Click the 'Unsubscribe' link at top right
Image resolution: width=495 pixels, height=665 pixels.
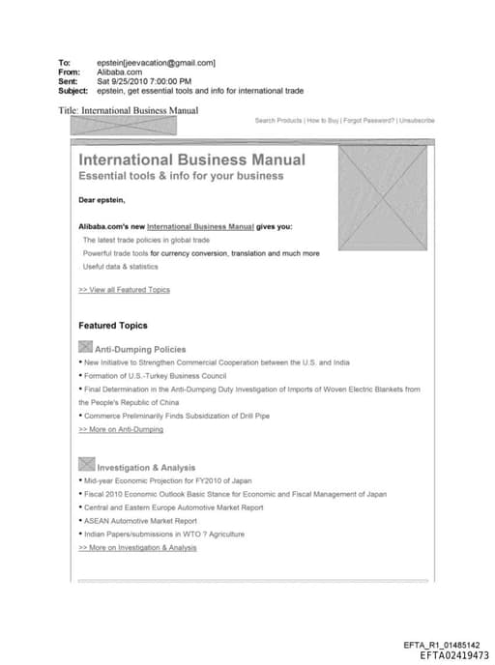click(416, 121)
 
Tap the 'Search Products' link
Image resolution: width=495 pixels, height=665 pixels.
click(278, 121)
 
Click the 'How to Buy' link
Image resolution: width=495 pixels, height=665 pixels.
click(322, 121)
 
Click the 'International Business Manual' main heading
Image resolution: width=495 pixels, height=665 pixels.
click(191, 159)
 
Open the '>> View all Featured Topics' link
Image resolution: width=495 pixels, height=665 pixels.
click(124, 289)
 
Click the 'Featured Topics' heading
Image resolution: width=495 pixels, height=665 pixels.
click(113, 326)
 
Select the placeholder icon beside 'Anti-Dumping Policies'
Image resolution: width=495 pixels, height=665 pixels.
click(85, 347)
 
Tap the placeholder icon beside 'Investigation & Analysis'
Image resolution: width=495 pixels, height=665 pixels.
click(85, 465)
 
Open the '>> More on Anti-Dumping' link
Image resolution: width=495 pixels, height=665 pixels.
click(121, 429)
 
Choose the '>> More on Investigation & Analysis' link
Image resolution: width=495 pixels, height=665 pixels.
click(137, 548)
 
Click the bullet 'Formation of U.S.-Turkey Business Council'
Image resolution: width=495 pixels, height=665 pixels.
click(155, 375)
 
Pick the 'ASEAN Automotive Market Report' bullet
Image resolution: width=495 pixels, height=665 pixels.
click(140, 521)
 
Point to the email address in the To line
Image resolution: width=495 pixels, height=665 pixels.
click(157, 63)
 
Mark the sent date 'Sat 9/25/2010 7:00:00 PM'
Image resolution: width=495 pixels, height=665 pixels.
click(145, 81)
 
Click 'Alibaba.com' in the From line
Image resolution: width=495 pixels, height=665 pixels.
click(120, 72)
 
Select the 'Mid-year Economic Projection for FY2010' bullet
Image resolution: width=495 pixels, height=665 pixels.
click(168, 480)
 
